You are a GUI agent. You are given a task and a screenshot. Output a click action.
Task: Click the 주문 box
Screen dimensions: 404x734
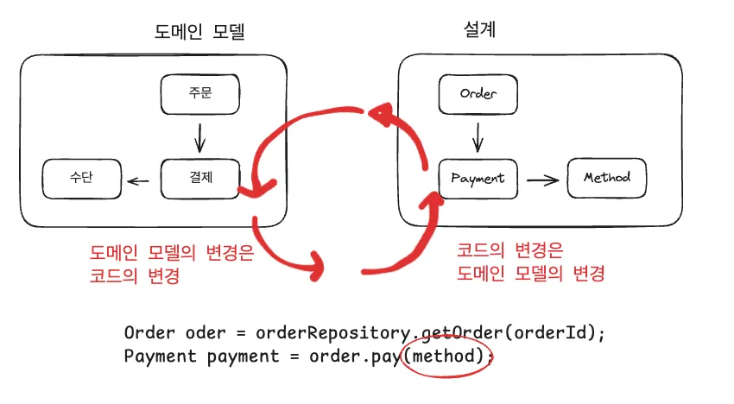click(x=199, y=95)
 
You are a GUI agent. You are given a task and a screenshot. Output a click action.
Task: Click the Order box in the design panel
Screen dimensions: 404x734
click(x=478, y=93)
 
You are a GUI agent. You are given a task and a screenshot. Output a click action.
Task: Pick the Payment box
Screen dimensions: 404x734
click(x=478, y=179)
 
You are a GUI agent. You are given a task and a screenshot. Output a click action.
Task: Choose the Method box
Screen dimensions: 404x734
click(x=606, y=179)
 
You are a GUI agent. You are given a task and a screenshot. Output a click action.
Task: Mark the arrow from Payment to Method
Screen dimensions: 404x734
click(x=541, y=180)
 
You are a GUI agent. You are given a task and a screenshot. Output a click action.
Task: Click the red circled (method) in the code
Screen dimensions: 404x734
click(x=446, y=356)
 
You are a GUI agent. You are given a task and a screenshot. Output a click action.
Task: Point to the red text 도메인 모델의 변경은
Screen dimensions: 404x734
click(x=172, y=256)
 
